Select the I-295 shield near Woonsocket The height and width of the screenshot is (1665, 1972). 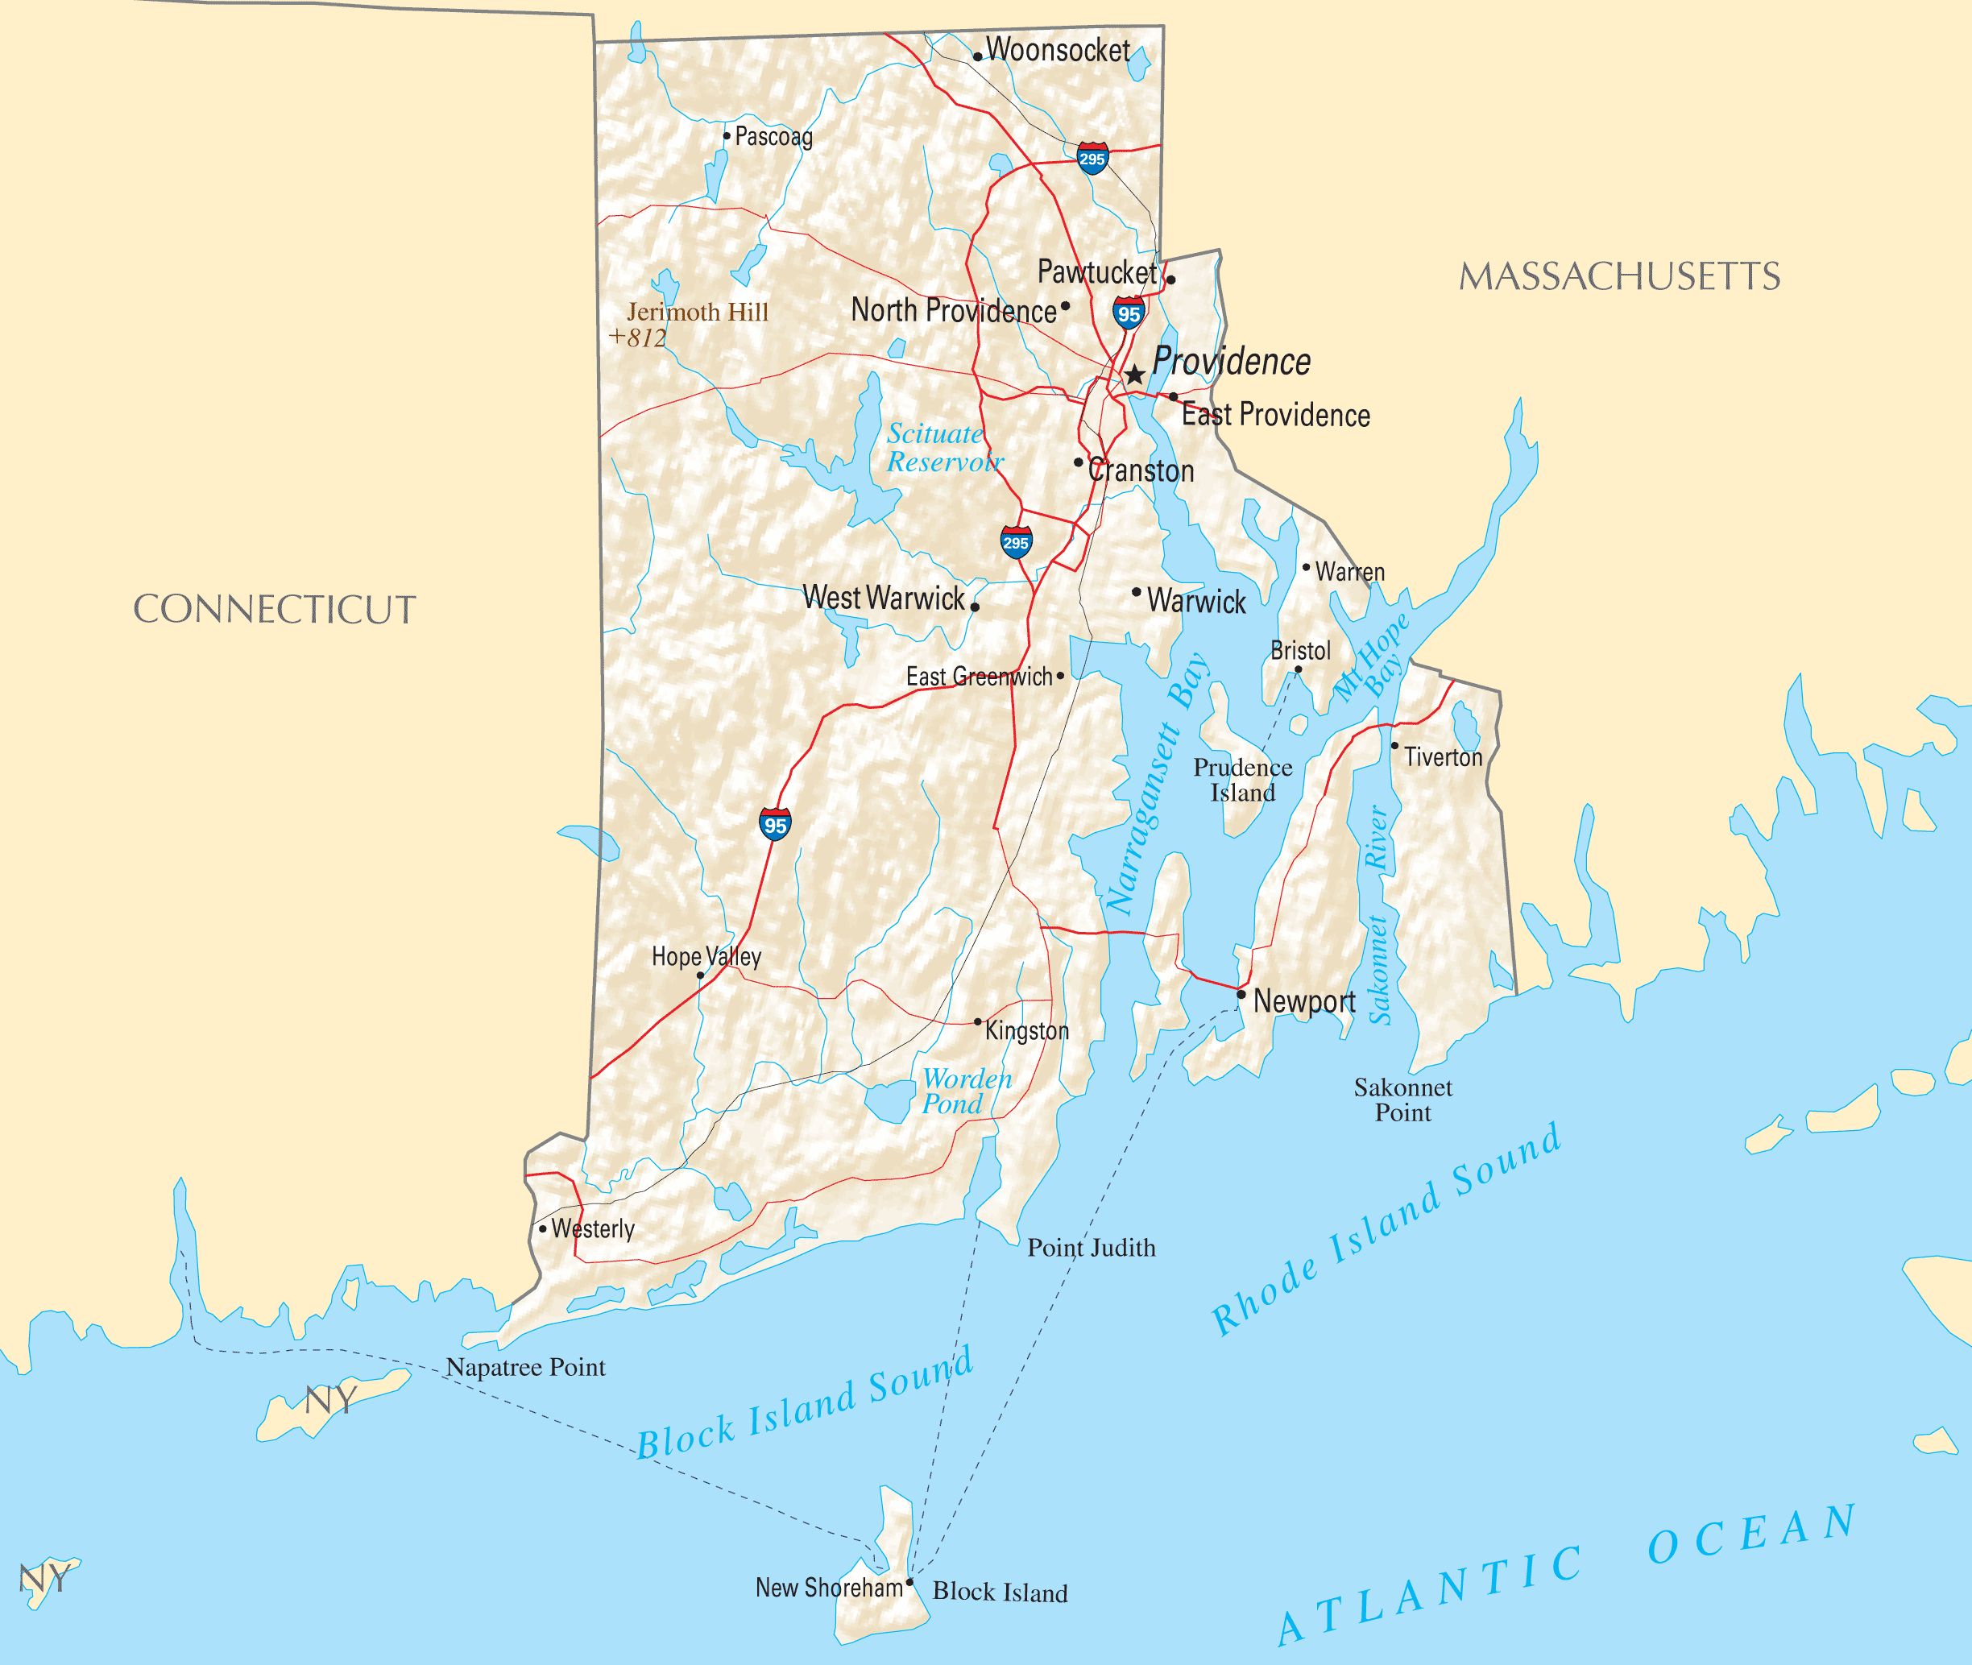coord(1092,158)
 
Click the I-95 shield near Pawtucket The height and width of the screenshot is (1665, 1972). coord(1128,313)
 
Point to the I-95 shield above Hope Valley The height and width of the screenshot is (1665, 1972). coord(775,824)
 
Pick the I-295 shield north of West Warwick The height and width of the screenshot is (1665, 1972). coord(1016,542)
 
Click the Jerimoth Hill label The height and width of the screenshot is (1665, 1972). coord(698,313)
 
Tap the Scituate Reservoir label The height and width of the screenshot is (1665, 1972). coord(943,447)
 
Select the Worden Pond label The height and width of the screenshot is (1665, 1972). coord(967,1091)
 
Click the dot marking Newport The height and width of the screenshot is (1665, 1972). coord(1241,994)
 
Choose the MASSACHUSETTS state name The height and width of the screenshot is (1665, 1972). coord(1619,276)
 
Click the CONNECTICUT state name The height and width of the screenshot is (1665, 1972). coord(274,610)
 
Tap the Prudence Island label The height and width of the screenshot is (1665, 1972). coord(1242,780)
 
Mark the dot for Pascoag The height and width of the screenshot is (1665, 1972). coord(726,136)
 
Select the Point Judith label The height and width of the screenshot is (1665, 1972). coord(1092,1248)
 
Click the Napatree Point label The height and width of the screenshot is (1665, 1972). coord(525,1367)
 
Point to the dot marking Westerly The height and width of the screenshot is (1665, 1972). coord(543,1229)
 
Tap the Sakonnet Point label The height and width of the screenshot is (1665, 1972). coord(1402,1100)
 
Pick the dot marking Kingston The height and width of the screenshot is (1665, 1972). coord(978,1022)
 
